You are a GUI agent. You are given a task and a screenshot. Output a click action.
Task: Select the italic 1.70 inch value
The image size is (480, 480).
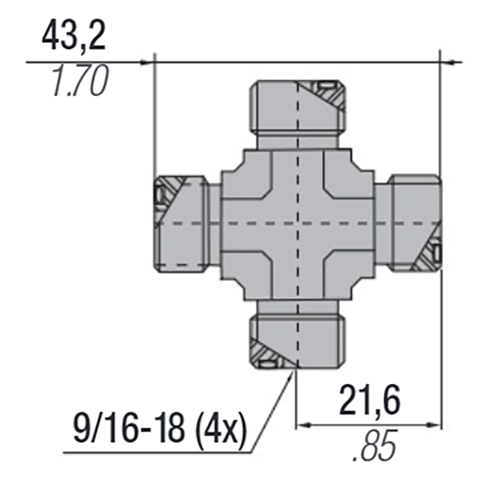(x=80, y=80)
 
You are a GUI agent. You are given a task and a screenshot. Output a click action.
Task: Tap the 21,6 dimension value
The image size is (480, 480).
(x=370, y=399)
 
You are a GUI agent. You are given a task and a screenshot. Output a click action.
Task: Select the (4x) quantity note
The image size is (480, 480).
(x=221, y=428)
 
